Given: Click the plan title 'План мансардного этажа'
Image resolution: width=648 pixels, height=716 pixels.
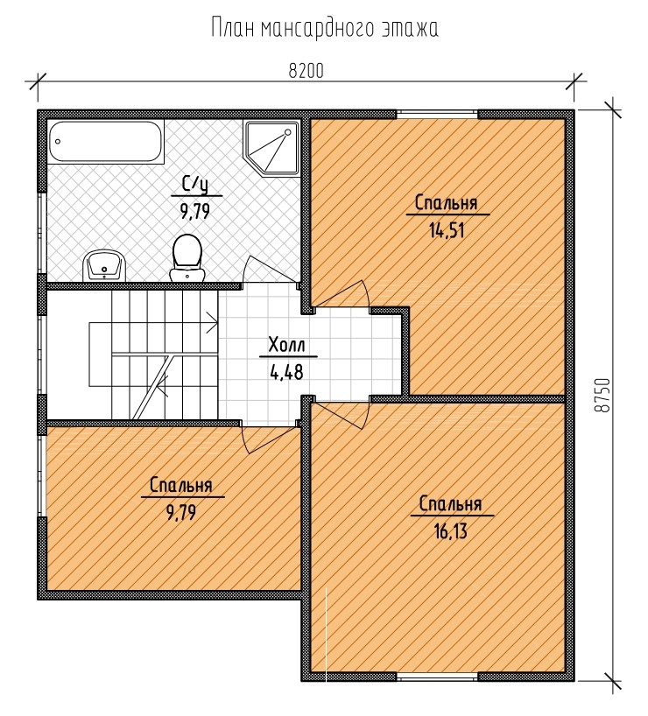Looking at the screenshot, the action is tap(325, 28).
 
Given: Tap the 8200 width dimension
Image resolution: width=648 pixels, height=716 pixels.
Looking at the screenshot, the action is tap(306, 71).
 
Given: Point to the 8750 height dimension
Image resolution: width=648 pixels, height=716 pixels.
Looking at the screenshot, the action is tap(602, 395).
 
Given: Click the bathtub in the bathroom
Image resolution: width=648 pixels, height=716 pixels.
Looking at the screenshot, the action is tap(105, 142).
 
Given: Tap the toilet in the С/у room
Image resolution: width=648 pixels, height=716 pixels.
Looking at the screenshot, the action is tap(187, 258).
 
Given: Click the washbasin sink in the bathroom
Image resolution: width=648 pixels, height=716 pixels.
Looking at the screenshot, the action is tap(104, 266).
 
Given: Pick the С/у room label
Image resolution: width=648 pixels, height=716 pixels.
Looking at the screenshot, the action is tap(195, 185).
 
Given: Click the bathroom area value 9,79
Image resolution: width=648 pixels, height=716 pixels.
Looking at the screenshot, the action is tap(195, 212).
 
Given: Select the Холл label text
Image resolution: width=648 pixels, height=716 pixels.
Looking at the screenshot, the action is tap(287, 345).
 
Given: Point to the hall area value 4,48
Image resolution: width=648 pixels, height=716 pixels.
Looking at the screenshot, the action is tap(287, 372).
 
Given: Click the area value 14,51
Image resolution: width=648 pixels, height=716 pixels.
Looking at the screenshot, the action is tap(447, 230).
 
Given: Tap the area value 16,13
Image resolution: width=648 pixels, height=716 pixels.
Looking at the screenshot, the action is tap(451, 531).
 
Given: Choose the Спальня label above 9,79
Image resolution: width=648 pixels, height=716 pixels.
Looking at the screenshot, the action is tap(181, 486).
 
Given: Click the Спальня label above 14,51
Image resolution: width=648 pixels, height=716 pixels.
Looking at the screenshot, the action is tap(446, 203).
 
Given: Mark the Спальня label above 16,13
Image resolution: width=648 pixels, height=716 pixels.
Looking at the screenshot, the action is tap(451, 504).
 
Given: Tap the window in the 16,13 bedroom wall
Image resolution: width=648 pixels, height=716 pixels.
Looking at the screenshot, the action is tap(437, 677).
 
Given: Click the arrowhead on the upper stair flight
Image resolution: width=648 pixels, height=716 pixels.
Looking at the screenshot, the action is tap(213, 322).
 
